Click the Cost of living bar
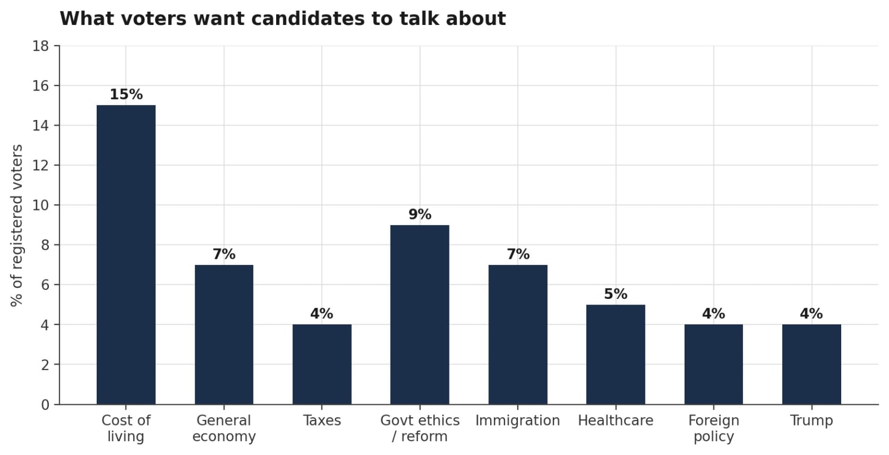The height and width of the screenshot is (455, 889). pyautogui.click(x=126, y=254)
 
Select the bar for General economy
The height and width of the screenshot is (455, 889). pyautogui.click(x=224, y=334)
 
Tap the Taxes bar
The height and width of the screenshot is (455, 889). pyautogui.click(x=322, y=364)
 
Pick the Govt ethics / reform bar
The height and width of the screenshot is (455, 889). pyautogui.click(x=420, y=314)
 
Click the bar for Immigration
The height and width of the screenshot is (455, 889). pyautogui.click(x=518, y=334)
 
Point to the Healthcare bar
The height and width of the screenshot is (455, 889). pyautogui.click(x=616, y=354)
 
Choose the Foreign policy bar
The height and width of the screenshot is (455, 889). pyautogui.click(x=713, y=364)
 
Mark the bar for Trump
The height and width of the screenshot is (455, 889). pyautogui.click(x=812, y=364)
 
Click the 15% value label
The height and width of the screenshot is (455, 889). pyautogui.click(x=126, y=94)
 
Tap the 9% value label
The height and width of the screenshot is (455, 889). pyautogui.click(x=420, y=214)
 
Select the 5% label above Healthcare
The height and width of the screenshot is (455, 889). pyautogui.click(x=616, y=294)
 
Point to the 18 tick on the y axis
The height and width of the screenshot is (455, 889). pyautogui.click(x=41, y=46)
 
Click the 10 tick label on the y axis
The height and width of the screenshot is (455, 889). pyautogui.click(x=41, y=206)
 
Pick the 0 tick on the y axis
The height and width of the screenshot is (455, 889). pyautogui.click(x=45, y=404)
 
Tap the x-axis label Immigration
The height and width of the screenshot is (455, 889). pyautogui.click(x=518, y=421)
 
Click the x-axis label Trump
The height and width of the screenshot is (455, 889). pyautogui.click(x=812, y=421)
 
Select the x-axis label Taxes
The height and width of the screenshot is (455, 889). pyautogui.click(x=322, y=421)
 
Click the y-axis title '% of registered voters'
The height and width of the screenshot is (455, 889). pyautogui.click(x=17, y=226)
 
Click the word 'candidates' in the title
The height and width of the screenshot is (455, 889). pyautogui.click(x=308, y=19)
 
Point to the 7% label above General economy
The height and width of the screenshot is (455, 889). pyautogui.click(x=224, y=254)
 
